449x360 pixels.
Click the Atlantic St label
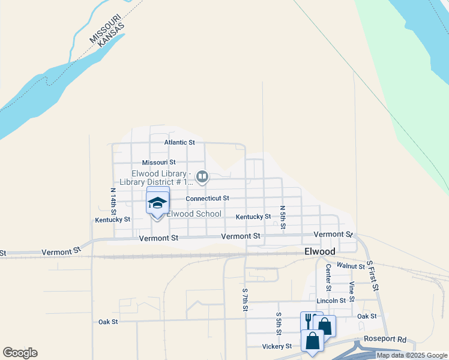click(x=180, y=143)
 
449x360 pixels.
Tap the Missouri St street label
click(x=158, y=163)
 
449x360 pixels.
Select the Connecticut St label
click(x=207, y=198)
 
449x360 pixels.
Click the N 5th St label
click(x=283, y=217)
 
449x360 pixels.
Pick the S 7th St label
click(x=245, y=299)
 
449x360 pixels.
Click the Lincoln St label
click(x=331, y=301)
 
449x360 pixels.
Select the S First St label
click(x=373, y=276)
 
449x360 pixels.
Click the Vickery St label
click(x=277, y=346)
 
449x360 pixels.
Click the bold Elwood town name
click(x=319, y=252)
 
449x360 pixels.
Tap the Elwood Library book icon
click(x=202, y=176)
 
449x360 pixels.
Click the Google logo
click(x=20, y=353)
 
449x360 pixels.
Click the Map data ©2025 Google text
click(x=412, y=356)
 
